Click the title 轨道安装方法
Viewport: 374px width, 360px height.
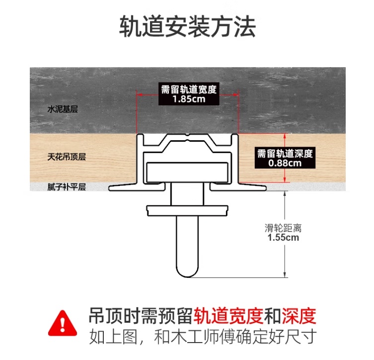click(187, 26)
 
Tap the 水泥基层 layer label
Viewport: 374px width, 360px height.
click(63, 109)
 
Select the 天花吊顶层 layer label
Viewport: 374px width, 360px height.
click(67, 157)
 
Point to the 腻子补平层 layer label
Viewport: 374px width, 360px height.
click(67, 187)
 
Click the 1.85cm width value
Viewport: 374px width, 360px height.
click(189, 99)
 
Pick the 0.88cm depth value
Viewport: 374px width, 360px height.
click(285, 163)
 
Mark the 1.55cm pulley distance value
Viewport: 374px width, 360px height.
click(283, 238)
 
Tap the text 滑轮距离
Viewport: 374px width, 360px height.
click(283, 228)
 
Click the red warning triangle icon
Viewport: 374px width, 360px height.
click(63, 324)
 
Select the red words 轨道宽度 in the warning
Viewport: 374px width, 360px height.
click(228, 316)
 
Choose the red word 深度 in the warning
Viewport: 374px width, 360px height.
click(299, 316)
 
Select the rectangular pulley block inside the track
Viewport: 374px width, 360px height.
click(187, 173)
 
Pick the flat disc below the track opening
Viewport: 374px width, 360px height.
click(187, 210)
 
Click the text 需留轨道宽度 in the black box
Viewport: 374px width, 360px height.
click(189, 90)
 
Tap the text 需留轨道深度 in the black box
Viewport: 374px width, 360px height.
click(285, 154)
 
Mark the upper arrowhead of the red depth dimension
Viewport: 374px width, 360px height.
click(285, 136)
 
